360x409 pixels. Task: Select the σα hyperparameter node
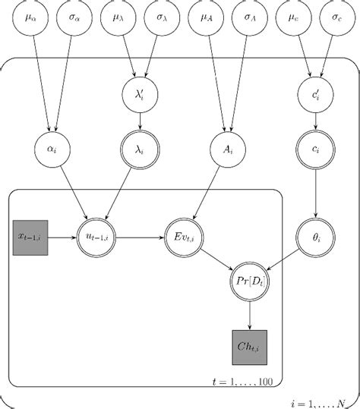[x=74, y=17]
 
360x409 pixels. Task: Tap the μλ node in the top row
[x=118, y=17]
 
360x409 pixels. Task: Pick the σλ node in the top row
[x=162, y=17]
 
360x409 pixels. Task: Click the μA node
[x=205, y=17]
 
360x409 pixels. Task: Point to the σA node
[x=249, y=17]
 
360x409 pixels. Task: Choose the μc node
[x=292, y=17]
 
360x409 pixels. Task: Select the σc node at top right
[x=336, y=17]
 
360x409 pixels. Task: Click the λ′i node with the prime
[x=140, y=95]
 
